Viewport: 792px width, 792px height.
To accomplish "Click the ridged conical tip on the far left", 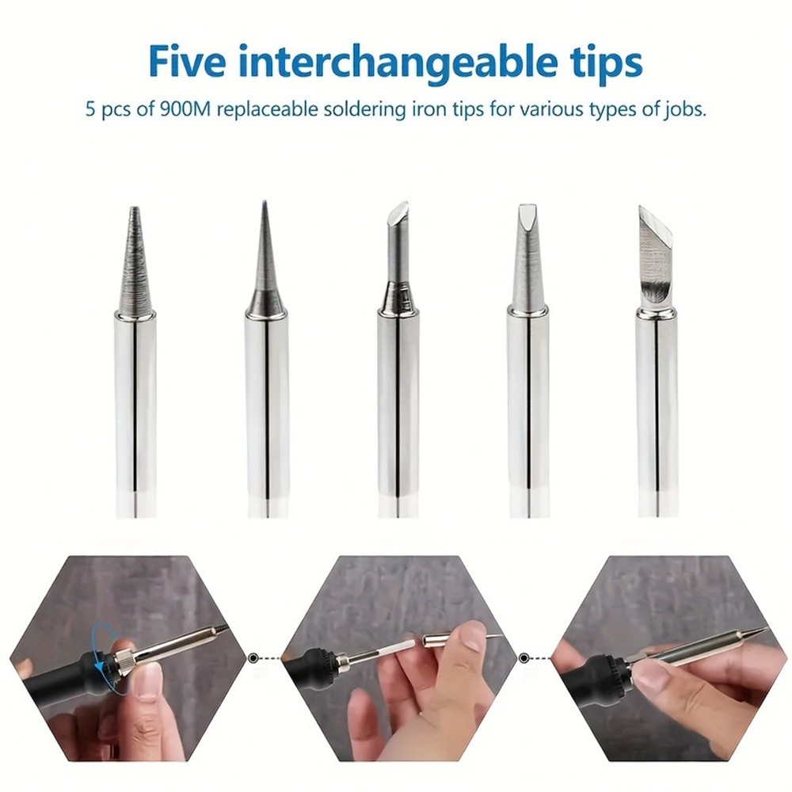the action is pos(135,260).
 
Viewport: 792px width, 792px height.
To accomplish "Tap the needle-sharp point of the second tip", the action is pos(265,203).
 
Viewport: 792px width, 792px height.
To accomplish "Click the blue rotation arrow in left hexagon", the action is pos(104,649).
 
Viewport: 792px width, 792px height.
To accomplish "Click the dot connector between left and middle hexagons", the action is pos(253,657).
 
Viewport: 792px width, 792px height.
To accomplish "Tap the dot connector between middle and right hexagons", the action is pos(524,657).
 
